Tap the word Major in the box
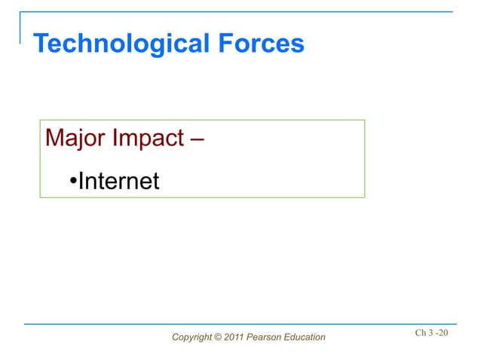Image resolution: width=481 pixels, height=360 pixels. [x=75, y=139]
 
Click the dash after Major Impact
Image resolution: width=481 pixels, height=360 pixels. [x=199, y=140]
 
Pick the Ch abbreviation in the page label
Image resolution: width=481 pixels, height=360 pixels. [x=421, y=332]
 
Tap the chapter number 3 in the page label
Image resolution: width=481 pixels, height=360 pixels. [x=434, y=332]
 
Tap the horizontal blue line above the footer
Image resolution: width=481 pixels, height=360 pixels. [x=241, y=324]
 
